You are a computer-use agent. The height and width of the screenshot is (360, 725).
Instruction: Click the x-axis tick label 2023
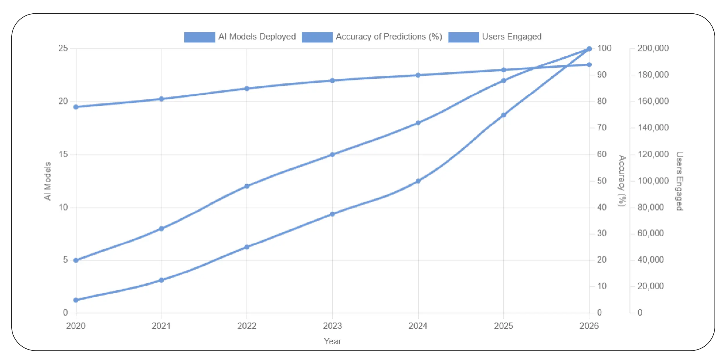[332, 326]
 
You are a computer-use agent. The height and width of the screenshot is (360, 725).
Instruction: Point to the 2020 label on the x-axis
[76, 326]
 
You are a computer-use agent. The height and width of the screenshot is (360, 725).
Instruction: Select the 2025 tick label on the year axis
[503, 326]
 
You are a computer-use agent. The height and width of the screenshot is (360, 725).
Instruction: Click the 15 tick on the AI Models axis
[63, 154]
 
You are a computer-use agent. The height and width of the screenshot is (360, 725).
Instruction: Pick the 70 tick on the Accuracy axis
[602, 127]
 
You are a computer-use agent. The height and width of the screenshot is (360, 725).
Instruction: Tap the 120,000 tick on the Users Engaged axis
[653, 154]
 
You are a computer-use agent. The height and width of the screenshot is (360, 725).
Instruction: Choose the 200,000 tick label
[653, 48]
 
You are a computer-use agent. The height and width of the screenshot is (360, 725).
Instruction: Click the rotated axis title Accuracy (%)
[621, 181]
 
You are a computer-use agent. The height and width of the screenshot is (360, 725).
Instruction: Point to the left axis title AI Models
[47, 181]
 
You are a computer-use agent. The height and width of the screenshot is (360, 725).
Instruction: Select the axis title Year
[332, 341]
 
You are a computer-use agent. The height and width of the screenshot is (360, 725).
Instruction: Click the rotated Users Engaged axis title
[679, 181]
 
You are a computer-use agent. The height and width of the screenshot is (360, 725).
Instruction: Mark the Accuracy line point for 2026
[589, 65]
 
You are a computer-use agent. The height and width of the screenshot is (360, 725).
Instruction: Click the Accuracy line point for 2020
[76, 107]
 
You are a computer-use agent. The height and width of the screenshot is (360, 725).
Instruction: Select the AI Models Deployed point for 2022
[247, 186]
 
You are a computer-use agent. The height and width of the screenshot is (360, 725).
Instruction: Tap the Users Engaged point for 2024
[418, 181]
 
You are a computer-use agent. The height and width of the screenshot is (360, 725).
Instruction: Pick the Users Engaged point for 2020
[76, 300]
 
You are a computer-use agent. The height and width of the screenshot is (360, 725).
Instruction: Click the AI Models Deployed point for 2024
[418, 123]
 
